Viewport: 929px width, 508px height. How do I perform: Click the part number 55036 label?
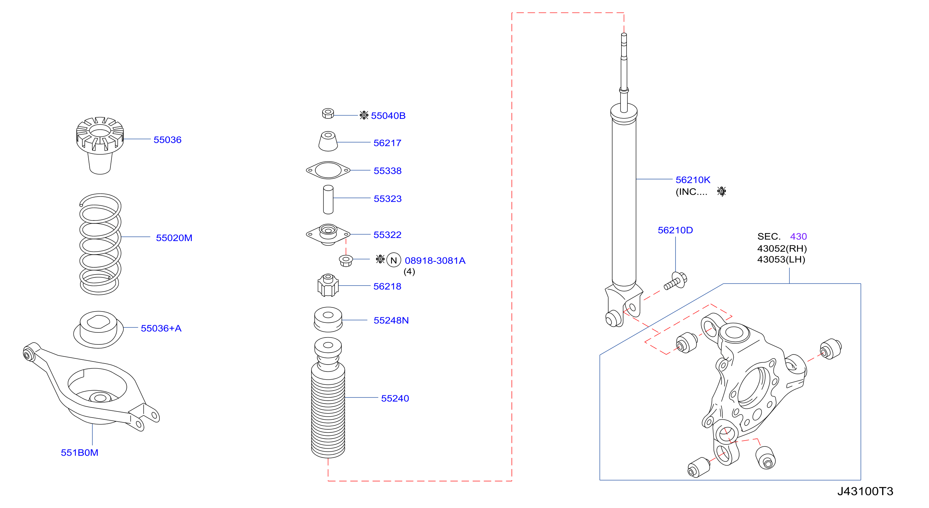(167, 140)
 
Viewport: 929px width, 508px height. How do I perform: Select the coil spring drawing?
(100, 244)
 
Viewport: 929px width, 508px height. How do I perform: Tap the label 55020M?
(174, 238)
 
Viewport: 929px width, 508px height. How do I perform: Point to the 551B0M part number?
(79, 453)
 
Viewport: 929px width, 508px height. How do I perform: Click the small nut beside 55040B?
(328, 113)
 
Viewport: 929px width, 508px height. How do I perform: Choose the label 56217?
(387, 143)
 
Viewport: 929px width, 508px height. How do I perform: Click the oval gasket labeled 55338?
(328, 170)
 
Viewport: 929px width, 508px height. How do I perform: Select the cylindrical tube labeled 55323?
(328, 200)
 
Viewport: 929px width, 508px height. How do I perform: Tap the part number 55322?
(387, 235)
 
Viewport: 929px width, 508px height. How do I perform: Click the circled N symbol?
(393, 260)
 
